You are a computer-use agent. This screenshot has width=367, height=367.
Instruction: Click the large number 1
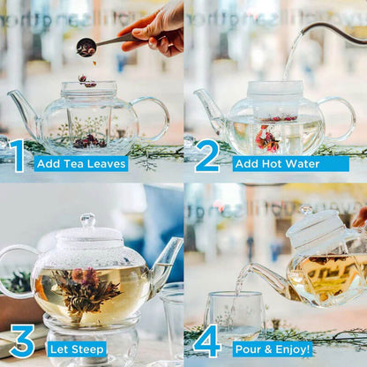(17, 155)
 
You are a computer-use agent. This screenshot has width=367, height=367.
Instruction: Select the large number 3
(21, 341)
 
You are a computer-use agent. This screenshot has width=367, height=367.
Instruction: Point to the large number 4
(206, 341)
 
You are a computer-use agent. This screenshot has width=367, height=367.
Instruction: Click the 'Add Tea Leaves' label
(81, 163)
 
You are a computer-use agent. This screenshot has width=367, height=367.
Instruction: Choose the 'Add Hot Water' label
(270, 163)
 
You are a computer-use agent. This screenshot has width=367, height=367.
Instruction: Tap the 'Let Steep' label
(77, 348)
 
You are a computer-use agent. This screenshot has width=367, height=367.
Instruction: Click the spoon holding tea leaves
(87, 47)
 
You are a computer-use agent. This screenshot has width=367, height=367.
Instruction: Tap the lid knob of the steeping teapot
(87, 220)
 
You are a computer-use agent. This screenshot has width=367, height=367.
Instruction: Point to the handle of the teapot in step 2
(341, 118)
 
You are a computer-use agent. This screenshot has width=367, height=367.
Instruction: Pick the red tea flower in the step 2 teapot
(266, 139)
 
